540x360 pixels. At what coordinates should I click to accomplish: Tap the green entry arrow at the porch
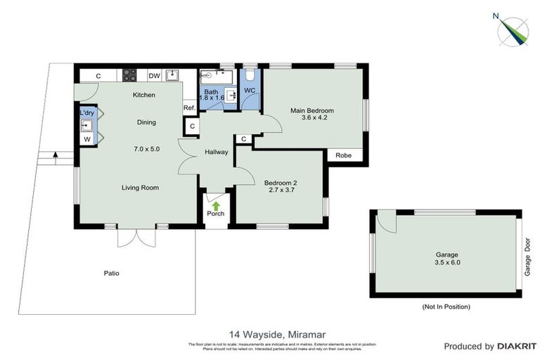click(216, 205)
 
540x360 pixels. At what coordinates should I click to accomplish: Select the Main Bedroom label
click(312, 110)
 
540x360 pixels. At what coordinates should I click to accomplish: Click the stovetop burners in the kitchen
click(130, 75)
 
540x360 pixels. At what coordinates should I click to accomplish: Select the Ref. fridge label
click(188, 108)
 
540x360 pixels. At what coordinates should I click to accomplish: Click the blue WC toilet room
click(250, 91)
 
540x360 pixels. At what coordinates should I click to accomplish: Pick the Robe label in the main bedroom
click(344, 155)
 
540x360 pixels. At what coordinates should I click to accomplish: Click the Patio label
click(111, 274)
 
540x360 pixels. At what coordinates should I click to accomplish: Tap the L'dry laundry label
click(87, 112)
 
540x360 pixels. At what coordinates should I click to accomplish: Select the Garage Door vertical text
click(527, 257)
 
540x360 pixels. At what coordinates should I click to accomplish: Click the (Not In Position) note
click(446, 307)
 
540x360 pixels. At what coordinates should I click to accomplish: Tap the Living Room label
click(140, 187)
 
